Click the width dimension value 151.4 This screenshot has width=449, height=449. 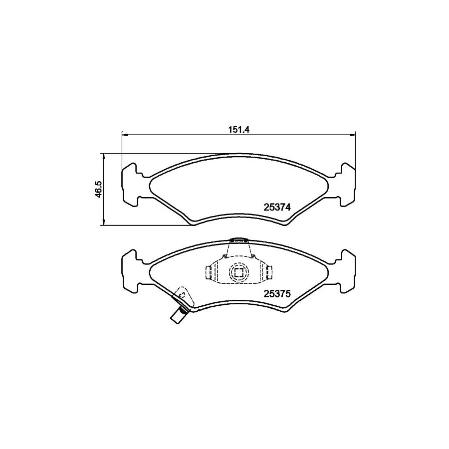[x=238, y=129]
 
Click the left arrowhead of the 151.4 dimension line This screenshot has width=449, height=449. [x=125, y=134]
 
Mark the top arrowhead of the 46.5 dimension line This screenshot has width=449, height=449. [x=103, y=156]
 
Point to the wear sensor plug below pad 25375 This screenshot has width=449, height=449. [x=177, y=316]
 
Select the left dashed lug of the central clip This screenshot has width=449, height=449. [x=210, y=272]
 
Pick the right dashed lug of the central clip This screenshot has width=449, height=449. [x=268, y=272]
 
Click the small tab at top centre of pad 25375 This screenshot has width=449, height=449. [x=238, y=240]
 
